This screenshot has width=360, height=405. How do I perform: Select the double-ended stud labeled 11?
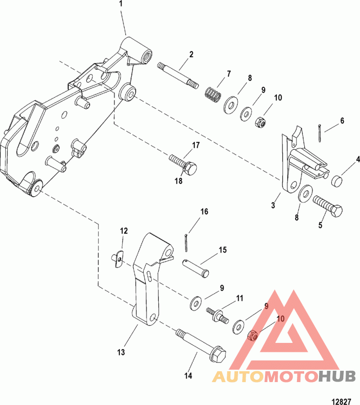pyautogui.click(x=216, y=313)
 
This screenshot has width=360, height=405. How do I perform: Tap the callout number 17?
pyautogui.click(x=196, y=145)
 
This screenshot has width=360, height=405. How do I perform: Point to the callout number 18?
pyautogui.click(x=180, y=181)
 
